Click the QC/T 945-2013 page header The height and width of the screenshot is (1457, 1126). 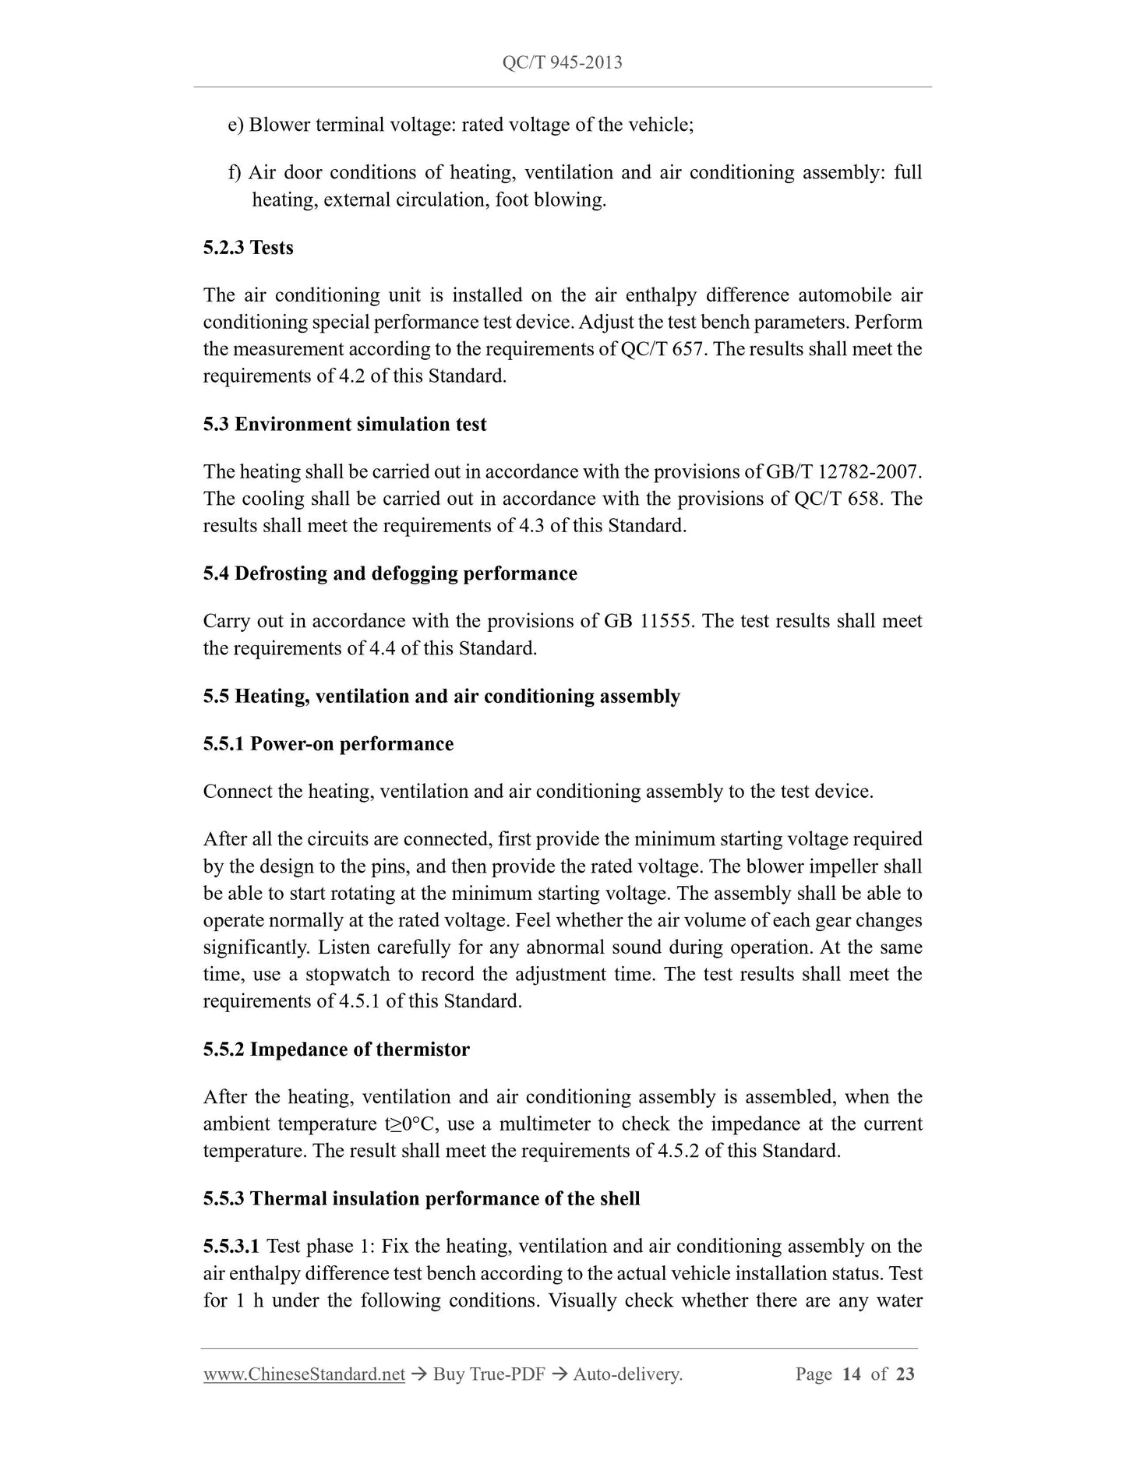pyautogui.click(x=562, y=63)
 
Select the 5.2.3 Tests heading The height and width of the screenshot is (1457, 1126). pyautogui.click(x=248, y=248)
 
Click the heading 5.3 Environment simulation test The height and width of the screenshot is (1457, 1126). pyautogui.click(x=344, y=424)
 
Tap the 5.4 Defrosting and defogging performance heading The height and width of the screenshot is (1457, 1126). pyautogui.click(x=390, y=573)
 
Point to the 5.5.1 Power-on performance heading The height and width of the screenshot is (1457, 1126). pyautogui.click(x=328, y=743)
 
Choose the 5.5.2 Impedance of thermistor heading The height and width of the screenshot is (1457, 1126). pyautogui.click(x=336, y=1049)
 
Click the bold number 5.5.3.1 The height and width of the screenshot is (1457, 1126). pyautogui.click(x=231, y=1246)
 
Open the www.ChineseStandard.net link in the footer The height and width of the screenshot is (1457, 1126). pyautogui.click(x=304, y=1374)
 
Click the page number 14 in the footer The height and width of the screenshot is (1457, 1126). pyautogui.click(x=851, y=1374)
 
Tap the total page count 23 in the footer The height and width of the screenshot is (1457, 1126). pyautogui.click(x=905, y=1374)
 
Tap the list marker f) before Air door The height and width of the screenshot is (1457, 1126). pyautogui.click(x=235, y=172)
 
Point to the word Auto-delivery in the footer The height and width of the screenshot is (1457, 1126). pyautogui.click(x=627, y=1374)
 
